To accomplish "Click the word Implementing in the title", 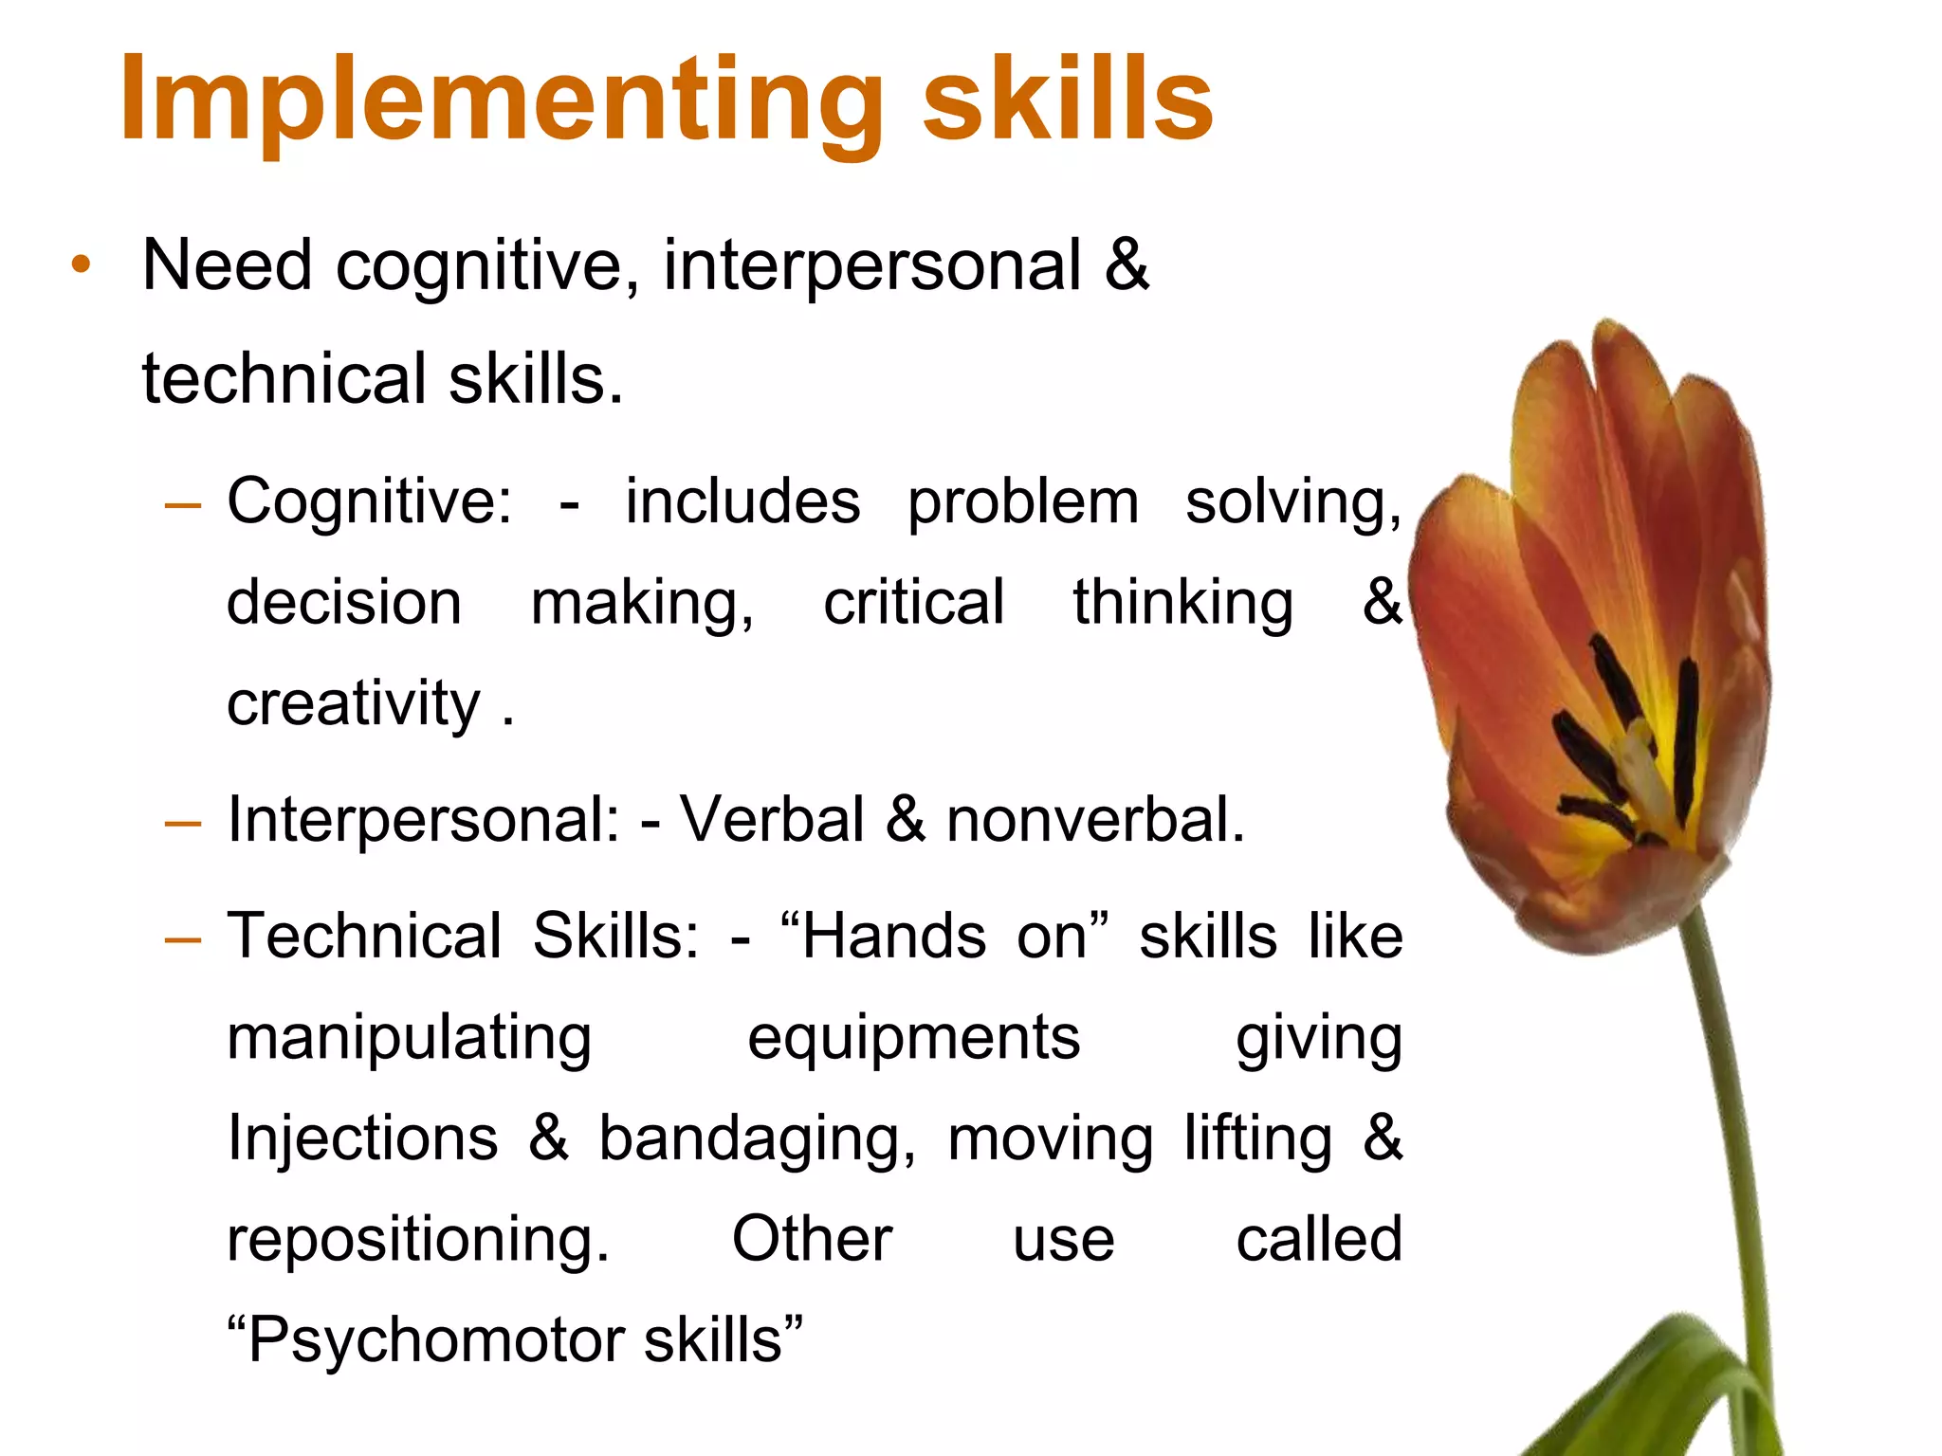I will pyautogui.click(x=503, y=100).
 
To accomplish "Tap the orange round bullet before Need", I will pyautogui.click(x=82, y=264).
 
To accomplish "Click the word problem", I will pyautogui.click(x=1023, y=502).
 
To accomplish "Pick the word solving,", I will pyautogui.click(x=1293, y=502).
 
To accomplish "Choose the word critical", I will pyautogui.click(x=913, y=603).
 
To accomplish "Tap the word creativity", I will pyautogui.click(x=354, y=703).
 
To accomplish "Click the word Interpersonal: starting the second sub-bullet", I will pyautogui.click(x=423, y=819).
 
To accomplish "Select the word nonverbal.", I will pyautogui.click(x=1095, y=819).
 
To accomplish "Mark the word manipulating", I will pyautogui.click(x=410, y=1039).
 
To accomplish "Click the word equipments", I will pyautogui.click(x=913, y=1039).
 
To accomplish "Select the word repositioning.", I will pyautogui.click(x=418, y=1240).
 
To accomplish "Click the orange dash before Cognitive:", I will pyautogui.click(x=183, y=504).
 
